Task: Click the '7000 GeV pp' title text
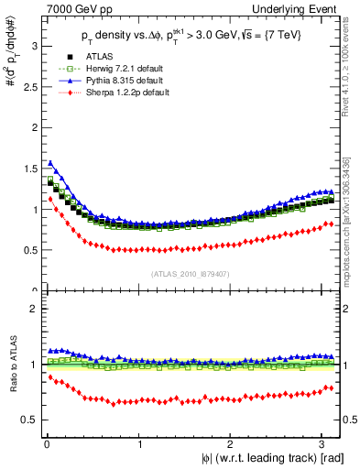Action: pos(64,9)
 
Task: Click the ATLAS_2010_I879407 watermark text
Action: pos(191,272)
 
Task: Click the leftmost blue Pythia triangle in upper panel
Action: pos(50,163)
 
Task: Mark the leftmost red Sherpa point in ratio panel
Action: pos(50,376)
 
